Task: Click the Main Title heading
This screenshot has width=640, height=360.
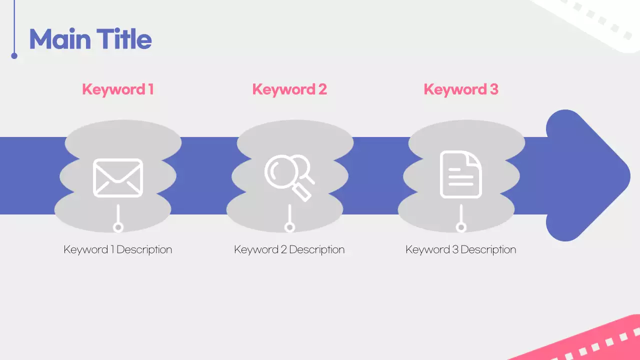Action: pos(90,39)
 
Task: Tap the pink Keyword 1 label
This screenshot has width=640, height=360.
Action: pos(117,89)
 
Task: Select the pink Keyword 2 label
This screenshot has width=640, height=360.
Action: pos(289,89)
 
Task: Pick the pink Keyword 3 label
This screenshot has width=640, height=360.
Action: pos(461,89)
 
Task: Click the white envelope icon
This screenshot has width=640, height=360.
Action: pos(118,177)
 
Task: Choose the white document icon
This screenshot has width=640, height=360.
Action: pos(460,174)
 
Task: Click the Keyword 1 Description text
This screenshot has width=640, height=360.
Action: pos(118,249)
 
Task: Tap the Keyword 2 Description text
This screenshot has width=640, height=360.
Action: pos(289,249)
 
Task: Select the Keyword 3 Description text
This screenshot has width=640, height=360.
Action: pos(461,249)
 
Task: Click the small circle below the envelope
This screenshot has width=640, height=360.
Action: pos(118,227)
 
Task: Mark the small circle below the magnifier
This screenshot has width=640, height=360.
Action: pos(289,227)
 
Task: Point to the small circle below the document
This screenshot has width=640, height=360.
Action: pos(461,227)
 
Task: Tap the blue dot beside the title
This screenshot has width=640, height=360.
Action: pos(14,56)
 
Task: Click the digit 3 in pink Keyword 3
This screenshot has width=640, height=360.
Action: pos(493,89)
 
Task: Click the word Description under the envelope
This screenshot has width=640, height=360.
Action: pos(144,249)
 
